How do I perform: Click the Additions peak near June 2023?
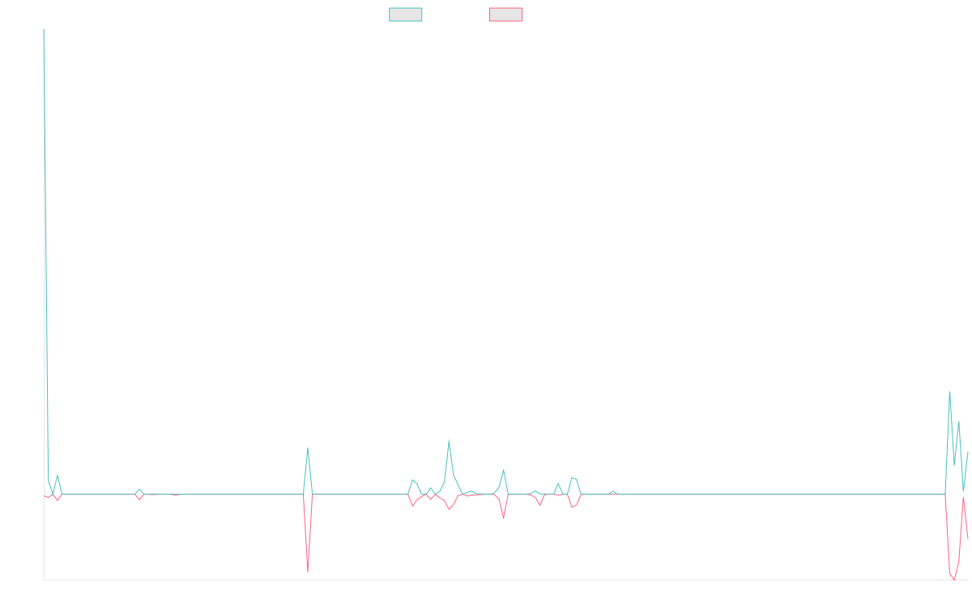click(308, 448)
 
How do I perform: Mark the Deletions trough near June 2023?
click(308, 572)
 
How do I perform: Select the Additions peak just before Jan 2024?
click(449, 439)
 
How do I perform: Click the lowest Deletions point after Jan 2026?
click(954, 579)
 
